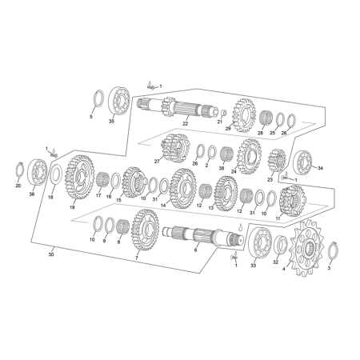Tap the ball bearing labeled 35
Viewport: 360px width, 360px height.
tap(119, 102)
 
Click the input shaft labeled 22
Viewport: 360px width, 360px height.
tap(178, 108)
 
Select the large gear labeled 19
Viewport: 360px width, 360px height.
tap(80, 178)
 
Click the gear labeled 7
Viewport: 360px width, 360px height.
tap(145, 230)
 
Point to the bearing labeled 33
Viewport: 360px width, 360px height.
tap(260, 242)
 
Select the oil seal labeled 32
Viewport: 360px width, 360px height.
tap(281, 244)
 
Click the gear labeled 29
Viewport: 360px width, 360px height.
tap(245, 115)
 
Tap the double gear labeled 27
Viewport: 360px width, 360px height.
tap(174, 149)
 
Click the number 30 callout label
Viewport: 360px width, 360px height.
tap(51, 254)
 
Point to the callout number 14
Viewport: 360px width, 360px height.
tap(163, 206)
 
